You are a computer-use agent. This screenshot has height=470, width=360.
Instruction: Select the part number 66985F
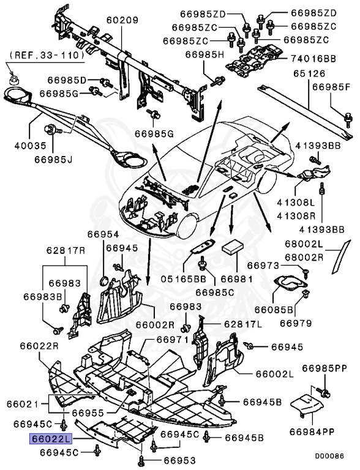pyautogui.click(x=333, y=88)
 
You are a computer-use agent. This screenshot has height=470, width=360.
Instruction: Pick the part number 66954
pyautogui.click(x=102, y=234)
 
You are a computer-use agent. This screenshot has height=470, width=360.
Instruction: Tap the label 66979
pyautogui.click(x=298, y=323)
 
